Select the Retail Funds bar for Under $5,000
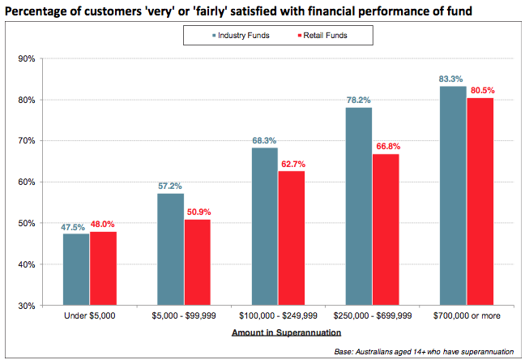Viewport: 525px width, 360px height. pyautogui.click(x=103, y=268)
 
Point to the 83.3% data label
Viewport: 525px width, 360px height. pyautogui.click(x=452, y=79)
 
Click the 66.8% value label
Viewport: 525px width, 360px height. pyautogui.click(x=385, y=147)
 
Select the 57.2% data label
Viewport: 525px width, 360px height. pyautogui.click(x=170, y=186)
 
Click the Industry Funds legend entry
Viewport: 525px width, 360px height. pyautogui.click(x=243, y=36)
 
